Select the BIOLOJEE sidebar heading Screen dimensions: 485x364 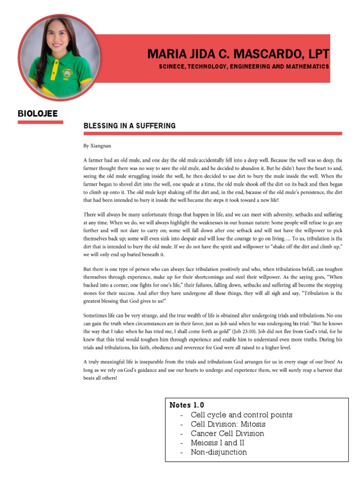(37, 113)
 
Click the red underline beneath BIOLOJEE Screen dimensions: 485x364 (40, 122)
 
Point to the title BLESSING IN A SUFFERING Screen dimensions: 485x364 (129, 126)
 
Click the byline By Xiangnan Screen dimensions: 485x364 (97, 146)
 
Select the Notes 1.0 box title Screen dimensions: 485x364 (187, 405)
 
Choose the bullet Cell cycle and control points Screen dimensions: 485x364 (241, 415)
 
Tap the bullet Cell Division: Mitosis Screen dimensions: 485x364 (228, 424)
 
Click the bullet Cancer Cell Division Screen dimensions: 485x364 (227, 433)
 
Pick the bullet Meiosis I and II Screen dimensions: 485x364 (220, 443)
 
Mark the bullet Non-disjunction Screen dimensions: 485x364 (218, 452)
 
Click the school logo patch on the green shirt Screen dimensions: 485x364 (67, 74)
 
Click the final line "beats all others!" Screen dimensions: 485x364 (100, 378)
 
